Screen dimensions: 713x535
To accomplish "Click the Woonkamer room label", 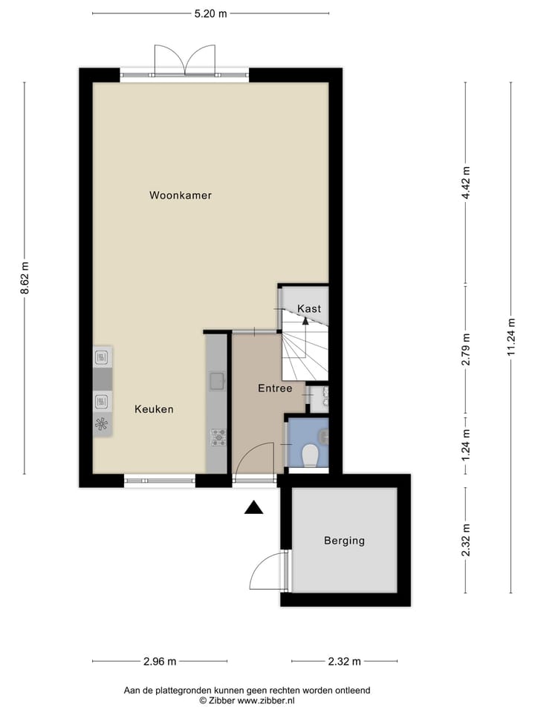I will (181, 196).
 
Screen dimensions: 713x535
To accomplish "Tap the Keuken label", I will (154, 409).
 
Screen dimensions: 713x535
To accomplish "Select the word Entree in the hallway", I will (275, 388).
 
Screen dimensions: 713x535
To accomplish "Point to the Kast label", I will (309, 308).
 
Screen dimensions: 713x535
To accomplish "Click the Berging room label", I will (344, 541).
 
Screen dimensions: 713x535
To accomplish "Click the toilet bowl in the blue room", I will (311, 452).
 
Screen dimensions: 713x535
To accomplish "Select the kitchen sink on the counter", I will (217, 382).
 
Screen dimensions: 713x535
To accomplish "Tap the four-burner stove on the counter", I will (218, 437).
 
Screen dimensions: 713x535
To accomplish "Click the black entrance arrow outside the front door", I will (254, 508).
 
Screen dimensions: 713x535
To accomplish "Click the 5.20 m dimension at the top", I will (210, 13).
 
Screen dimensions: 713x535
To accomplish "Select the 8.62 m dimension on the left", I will (25, 279).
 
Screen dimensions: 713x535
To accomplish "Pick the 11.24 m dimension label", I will (511, 337).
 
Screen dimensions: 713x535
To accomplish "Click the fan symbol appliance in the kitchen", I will (103, 425).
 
